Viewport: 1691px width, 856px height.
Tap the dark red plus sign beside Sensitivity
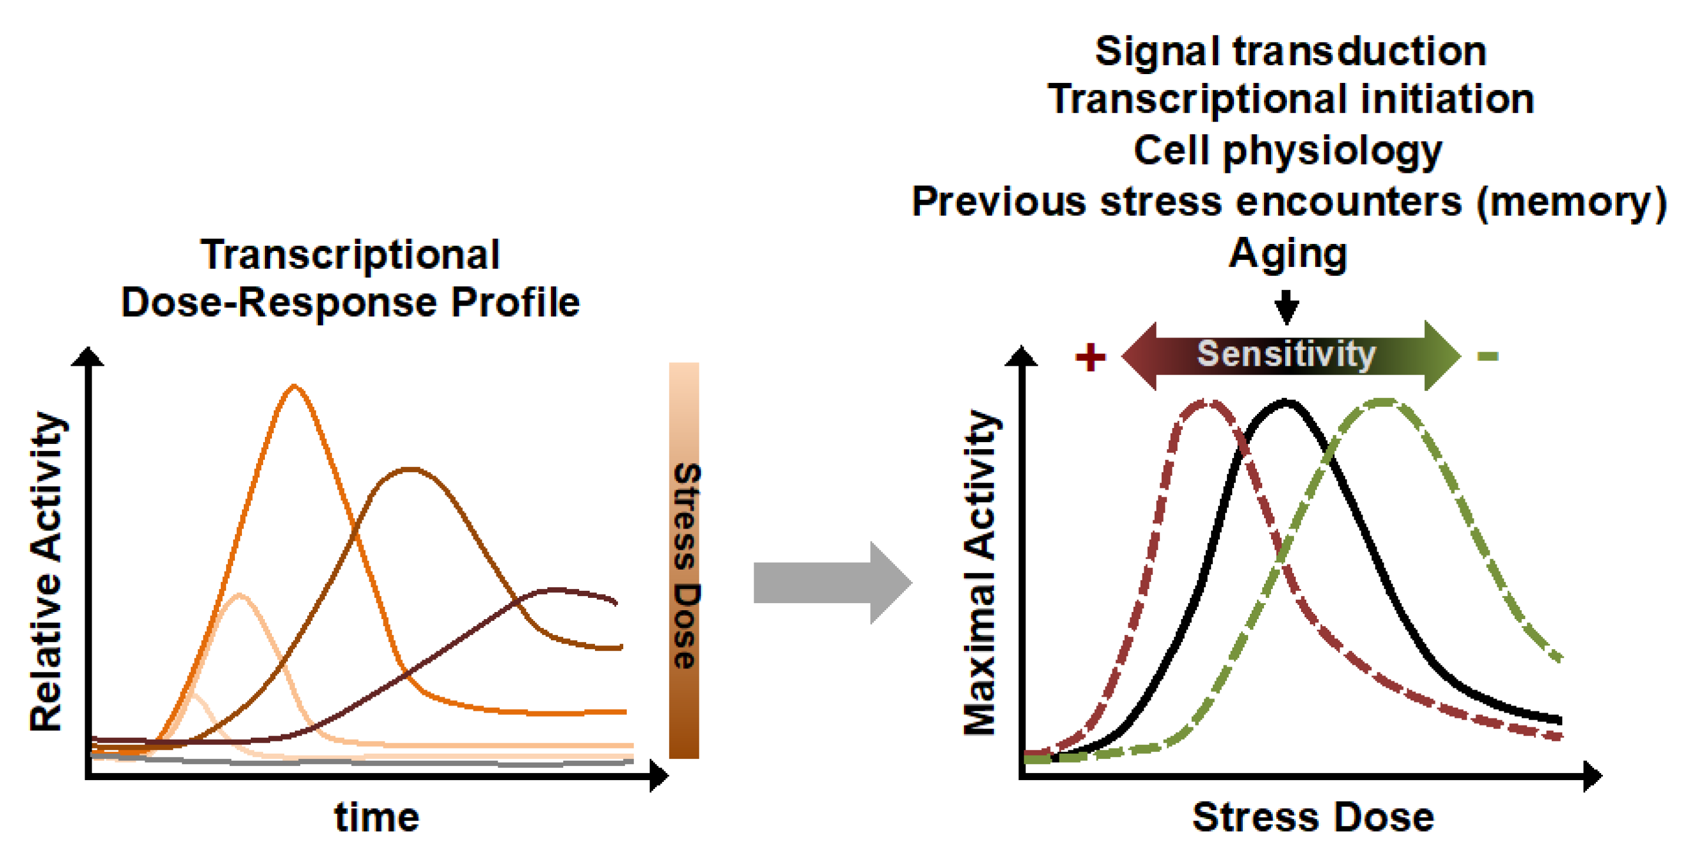tap(1090, 357)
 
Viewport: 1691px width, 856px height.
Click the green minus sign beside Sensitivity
tap(1488, 357)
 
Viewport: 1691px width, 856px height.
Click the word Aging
tap(1287, 254)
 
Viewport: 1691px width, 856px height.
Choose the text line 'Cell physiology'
tap(1287, 151)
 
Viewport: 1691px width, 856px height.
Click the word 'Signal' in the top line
tap(1157, 51)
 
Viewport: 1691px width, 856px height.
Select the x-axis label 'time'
tap(377, 817)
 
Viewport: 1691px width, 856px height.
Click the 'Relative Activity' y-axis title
tap(47, 571)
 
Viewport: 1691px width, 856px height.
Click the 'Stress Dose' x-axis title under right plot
tap(1313, 817)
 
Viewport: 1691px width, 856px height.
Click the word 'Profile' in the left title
tap(515, 303)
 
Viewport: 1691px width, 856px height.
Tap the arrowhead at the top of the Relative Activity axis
tap(88, 357)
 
